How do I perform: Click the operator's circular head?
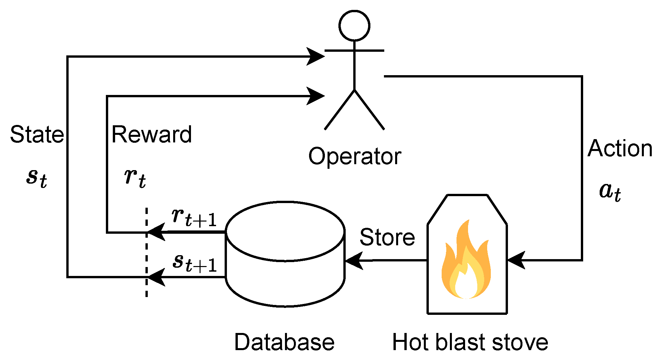click(x=354, y=26)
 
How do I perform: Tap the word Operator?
click(x=355, y=156)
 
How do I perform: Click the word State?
click(x=37, y=135)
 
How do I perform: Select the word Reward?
click(x=152, y=135)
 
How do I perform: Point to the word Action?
click(x=620, y=148)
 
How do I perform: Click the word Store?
click(x=387, y=237)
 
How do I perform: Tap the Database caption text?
click(x=284, y=342)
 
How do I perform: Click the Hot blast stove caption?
click(x=470, y=342)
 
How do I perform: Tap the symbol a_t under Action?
click(x=610, y=192)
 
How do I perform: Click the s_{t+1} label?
click(x=195, y=263)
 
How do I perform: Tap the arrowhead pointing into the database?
click(x=354, y=261)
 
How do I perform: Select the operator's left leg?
click(x=340, y=109)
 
